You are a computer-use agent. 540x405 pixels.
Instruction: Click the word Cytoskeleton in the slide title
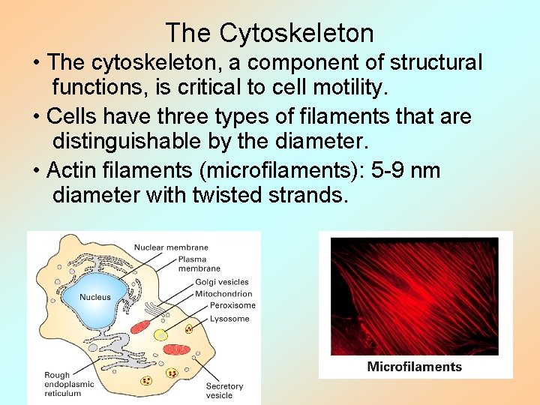tap(296, 34)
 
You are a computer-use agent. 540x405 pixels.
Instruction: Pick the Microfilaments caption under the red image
tap(414, 367)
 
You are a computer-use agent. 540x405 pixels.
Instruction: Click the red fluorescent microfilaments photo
tap(414, 296)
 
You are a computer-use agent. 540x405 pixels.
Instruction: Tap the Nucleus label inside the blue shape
tap(95, 297)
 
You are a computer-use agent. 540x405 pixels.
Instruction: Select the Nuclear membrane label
tap(171, 247)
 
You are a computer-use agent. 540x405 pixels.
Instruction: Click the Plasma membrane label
tap(199, 264)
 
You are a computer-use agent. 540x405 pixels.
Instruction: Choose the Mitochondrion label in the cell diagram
tap(223, 294)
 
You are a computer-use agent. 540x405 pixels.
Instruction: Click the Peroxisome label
tap(232, 305)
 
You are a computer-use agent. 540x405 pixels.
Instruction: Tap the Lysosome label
tap(229, 319)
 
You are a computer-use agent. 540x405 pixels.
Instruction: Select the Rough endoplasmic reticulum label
tap(69, 384)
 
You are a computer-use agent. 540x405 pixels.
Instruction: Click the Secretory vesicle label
tap(224, 391)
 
